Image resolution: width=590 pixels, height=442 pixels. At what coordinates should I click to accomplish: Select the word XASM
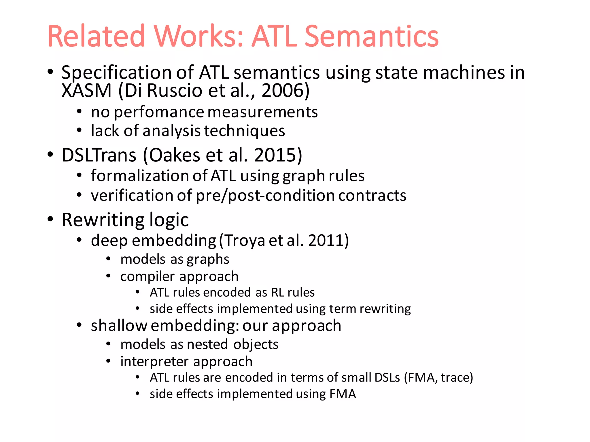coord(86,90)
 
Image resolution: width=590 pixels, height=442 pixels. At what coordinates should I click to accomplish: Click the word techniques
coord(245,131)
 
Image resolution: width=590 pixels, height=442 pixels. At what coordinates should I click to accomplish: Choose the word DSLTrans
coord(99,155)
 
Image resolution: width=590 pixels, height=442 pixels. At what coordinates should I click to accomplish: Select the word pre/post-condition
coord(265,196)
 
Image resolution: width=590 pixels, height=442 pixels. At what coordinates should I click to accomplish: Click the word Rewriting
coord(103,220)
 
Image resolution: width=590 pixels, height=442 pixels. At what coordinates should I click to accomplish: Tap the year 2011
coord(326,240)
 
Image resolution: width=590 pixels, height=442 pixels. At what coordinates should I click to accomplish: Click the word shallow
coord(119,326)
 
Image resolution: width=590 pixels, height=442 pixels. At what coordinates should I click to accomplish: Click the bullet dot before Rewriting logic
coord(50,219)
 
